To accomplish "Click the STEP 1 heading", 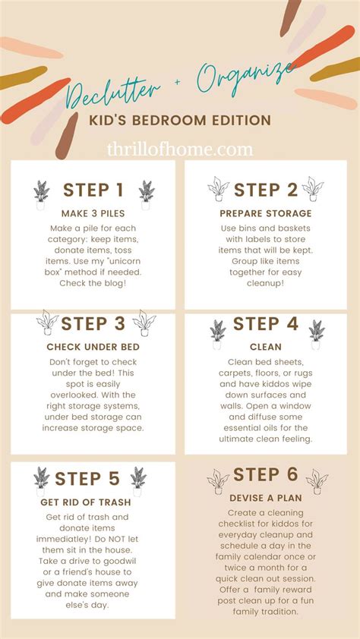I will click(93, 190).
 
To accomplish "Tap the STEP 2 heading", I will click(266, 190).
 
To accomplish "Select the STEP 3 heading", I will click(93, 324).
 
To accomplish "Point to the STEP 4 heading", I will click(266, 324).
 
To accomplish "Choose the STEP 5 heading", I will click(88, 479).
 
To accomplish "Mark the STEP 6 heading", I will click(266, 475).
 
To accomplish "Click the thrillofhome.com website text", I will click(181, 150).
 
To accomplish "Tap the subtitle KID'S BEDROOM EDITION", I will click(181, 121).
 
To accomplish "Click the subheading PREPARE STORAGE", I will click(266, 213).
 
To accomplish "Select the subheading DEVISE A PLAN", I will click(265, 498).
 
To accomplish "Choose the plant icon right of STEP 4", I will click(316, 332).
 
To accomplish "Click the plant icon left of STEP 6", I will click(218, 481).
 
